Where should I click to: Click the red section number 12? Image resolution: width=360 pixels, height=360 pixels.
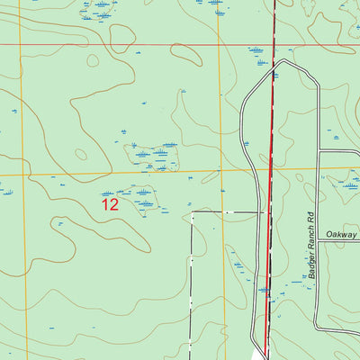(110, 204)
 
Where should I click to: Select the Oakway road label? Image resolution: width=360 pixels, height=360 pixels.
(342, 231)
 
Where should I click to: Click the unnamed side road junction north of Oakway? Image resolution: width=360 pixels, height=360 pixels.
(318, 150)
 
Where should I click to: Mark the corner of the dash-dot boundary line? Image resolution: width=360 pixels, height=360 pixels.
(192, 213)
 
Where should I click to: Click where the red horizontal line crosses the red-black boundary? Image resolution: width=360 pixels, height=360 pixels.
(274, 44)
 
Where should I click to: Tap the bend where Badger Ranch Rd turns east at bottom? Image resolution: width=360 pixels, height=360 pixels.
(319, 329)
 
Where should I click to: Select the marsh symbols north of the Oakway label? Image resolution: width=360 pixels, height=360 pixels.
(345, 184)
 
